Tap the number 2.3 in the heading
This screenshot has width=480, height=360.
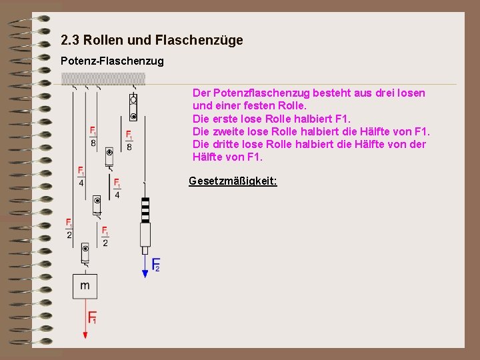click(69, 41)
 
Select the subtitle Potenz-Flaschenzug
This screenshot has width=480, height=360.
click(112, 61)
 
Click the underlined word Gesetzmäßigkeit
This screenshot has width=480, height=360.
click(233, 181)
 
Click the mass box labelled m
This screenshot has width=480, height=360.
click(85, 286)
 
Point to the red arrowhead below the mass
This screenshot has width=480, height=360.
click(85, 335)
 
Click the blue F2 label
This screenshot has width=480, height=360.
click(155, 265)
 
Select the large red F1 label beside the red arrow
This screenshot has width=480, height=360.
click(93, 317)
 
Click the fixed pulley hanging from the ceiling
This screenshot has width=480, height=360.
click(133, 107)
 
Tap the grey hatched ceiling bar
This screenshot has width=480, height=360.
click(103, 79)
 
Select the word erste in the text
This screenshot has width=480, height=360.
click(224, 119)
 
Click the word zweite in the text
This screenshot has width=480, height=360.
click(227, 131)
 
